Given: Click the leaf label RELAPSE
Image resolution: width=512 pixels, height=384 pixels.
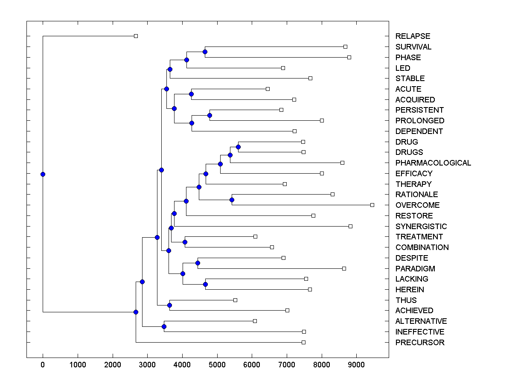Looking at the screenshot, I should click(x=413, y=36).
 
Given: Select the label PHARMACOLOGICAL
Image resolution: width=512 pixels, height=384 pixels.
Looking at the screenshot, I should click(x=433, y=163).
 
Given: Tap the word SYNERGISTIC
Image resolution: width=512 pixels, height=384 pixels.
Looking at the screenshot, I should click(x=421, y=227).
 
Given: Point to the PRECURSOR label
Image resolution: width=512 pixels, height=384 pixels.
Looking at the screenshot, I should click(x=420, y=343).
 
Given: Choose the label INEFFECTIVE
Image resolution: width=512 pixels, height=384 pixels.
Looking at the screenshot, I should click(x=420, y=332).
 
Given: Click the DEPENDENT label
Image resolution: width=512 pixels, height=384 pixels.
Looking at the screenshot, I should click(x=419, y=131).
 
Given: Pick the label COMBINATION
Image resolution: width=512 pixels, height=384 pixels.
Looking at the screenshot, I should click(x=422, y=247).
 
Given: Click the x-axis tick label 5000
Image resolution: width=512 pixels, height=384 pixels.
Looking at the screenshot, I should click(x=217, y=364).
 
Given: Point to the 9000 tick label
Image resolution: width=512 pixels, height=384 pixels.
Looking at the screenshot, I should click(x=357, y=364).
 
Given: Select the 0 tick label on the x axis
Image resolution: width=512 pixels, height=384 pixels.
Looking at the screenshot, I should click(x=43, y=364).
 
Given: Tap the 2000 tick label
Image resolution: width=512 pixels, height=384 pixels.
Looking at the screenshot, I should click(x=113, y=364).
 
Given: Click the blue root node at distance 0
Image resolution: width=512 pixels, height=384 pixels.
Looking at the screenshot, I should click(x=43, y=174).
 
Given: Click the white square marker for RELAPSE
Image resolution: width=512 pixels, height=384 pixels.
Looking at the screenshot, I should click(x=136, y=36).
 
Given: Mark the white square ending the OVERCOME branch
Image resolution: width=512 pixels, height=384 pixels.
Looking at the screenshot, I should click(x=372, y=205).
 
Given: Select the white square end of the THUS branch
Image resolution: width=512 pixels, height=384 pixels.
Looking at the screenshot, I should click(x=235, y=300).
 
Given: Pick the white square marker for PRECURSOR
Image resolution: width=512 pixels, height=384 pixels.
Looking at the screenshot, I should click(x=303, y=343).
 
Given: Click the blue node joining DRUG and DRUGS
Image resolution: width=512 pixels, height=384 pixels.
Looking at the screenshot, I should click(x=238, y=147).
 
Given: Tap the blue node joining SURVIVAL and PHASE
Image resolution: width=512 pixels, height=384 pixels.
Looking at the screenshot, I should click(x=205, y=52).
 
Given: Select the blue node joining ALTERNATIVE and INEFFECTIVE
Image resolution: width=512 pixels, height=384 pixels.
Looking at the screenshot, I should click(x=164, y=326).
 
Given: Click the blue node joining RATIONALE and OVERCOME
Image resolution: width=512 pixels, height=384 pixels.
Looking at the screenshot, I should click(x=232, y=200).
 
